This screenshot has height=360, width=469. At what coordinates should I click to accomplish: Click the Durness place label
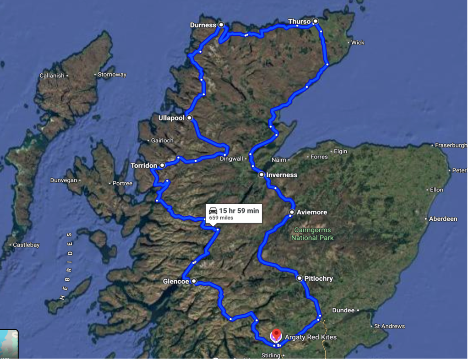coord(202,25)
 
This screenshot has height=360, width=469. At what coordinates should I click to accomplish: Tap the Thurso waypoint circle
coord(315,21)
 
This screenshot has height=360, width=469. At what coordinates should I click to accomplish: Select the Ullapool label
coord(171,118)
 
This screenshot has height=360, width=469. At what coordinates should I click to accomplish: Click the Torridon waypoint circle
coord(162,165)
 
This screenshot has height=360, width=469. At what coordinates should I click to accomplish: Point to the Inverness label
coord(282,175)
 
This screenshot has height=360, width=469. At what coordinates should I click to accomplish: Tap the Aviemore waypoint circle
coord(292,212)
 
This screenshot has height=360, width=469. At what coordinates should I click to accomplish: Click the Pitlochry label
coord(318,278)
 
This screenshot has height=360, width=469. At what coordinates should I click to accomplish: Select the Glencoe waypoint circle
coord(194,281)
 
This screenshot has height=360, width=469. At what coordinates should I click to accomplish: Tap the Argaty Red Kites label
coord(311,338)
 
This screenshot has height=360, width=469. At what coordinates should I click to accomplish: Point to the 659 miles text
coord(221,218)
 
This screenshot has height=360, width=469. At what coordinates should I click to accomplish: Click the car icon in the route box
coord(213,210)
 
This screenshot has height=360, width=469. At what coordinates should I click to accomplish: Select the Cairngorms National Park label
coord(313,234)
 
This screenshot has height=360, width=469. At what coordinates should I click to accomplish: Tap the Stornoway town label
coord(112,75)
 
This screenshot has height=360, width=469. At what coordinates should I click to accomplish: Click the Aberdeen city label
coord(442,219)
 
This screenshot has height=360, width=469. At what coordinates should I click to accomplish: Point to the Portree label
coord(122,184)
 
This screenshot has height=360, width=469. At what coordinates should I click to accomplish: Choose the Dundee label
coord(343,311)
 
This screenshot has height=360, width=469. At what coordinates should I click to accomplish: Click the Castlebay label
coord(26,245)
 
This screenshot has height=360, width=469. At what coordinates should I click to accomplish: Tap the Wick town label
coord(358,43)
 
